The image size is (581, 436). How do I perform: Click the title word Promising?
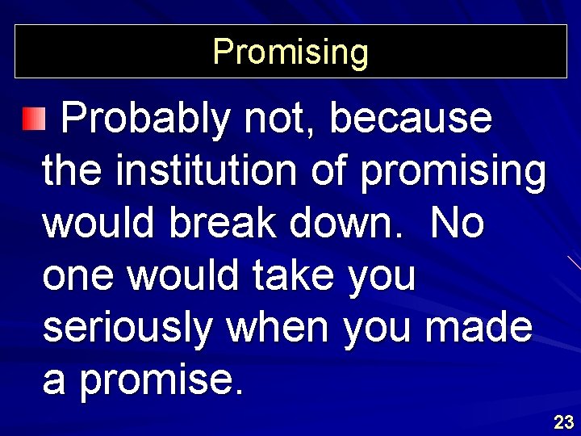pyautogui.click(x=290, y=52)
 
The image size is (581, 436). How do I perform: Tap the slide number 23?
pyautogui.click(x=563, y=421)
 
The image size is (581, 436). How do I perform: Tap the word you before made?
pyautogui.click(x=379, y=329)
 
